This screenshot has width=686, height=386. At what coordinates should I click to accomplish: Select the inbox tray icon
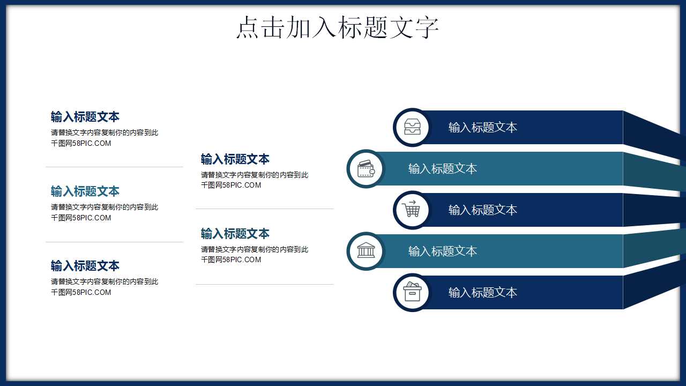point(412,127)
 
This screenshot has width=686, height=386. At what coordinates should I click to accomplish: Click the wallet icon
point(366,169)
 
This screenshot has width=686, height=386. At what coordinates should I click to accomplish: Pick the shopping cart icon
point(412,210)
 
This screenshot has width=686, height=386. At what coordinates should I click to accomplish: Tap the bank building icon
point(366,251)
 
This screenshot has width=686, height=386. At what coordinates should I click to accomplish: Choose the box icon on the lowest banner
point(412,292)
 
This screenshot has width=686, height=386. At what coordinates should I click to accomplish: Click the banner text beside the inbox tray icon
point(482,128)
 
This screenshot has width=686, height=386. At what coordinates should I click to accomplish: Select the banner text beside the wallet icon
point(442,169)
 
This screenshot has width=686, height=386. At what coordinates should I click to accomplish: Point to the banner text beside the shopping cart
point(482,210)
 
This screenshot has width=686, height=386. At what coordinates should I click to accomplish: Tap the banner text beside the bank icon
point(442,251)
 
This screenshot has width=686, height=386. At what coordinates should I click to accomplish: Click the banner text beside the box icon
point(482,293)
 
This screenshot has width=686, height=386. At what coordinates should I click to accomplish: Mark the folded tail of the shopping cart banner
point(654,210)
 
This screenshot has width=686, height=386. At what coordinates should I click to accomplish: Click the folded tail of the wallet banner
point(654,171)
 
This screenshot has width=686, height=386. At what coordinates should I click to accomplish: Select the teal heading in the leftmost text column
point(85,191)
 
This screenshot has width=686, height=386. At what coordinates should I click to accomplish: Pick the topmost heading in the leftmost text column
point(85,117)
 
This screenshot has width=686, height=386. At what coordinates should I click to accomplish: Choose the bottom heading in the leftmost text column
point(85,266)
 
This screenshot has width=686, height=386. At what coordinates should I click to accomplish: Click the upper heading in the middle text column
point(235,159)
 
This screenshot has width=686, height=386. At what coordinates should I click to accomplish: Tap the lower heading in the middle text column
point(235,234)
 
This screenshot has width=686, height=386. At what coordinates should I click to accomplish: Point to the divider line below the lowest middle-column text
point(265,284)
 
